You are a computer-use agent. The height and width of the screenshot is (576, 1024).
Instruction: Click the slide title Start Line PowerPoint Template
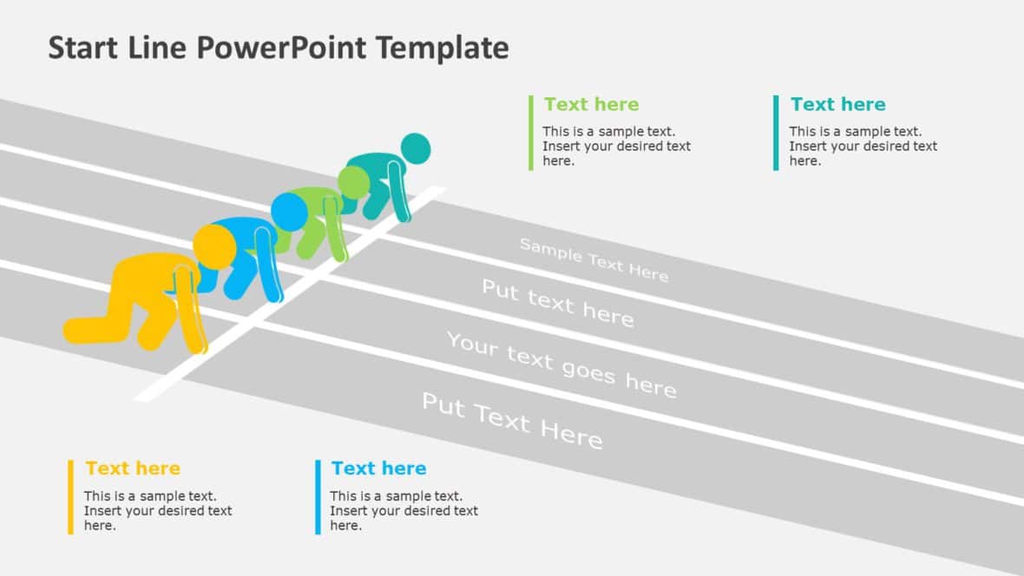click(278, 48)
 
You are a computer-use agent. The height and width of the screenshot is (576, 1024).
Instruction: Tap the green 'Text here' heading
click(591, 105)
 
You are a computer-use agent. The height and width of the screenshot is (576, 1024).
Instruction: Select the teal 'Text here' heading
click(837, 105)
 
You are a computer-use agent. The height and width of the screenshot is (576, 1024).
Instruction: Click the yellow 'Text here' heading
click(133, 468)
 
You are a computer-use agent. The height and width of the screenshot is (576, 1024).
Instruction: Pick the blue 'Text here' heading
click(378, 468)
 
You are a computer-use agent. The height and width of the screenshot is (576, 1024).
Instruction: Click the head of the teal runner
click(416, 148)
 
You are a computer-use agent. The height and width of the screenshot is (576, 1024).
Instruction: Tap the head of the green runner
click(354, 182)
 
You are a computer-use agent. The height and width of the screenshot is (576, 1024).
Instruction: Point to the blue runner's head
click(289, 211)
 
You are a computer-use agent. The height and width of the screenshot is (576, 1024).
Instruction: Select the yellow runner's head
click(213, 245)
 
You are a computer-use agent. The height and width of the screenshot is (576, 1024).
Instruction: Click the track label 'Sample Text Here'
click(594, 259)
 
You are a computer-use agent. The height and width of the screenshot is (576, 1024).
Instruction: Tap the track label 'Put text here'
click(557, 303)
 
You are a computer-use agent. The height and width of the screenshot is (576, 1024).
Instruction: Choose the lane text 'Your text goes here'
click(561, 364)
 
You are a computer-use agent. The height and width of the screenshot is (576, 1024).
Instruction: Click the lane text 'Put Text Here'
click(511, 421)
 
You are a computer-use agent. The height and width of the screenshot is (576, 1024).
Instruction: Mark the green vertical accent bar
click(531, 133)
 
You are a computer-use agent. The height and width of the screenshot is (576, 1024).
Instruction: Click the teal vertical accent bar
click(776, 133)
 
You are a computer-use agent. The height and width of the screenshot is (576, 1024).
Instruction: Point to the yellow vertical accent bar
click(70, 497)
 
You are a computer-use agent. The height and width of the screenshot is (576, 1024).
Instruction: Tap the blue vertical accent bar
click(318, 497)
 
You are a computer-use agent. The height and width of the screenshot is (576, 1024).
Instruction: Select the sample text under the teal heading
click(863, 147)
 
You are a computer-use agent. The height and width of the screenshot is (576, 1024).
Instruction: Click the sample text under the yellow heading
click(157, 511)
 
